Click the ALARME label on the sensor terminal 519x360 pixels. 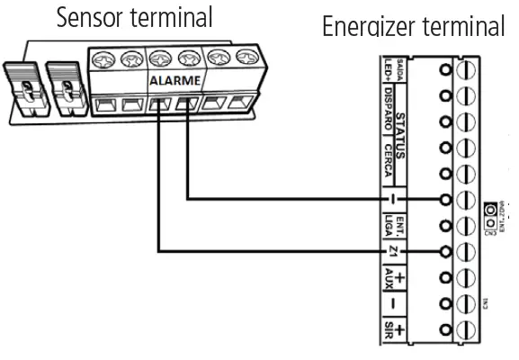coord(168,80)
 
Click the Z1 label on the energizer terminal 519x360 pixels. coord(393,250)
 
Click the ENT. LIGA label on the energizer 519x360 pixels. coord(392,223)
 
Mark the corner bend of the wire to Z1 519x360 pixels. coord(159,249)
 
